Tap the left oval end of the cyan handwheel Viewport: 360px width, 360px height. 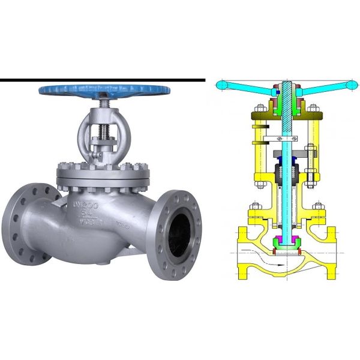pyautogui.click(x=221, y=86)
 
